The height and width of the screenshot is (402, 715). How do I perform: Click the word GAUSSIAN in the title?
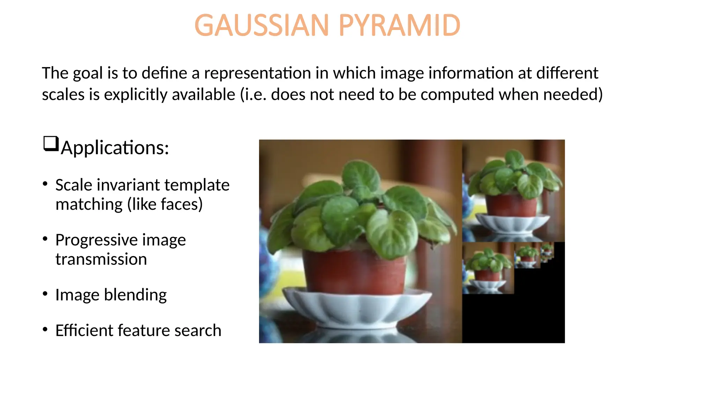(x=261, y=25)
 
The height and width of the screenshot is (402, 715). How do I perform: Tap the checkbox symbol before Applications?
(x=51, y=143)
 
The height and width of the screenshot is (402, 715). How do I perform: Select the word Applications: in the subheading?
(x=115, y=148)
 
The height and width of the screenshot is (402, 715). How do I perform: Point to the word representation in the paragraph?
(x=257, y=73)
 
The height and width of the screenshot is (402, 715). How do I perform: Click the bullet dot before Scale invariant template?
(x=45, y=184)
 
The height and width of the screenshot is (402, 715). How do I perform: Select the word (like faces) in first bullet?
(x=165, y=204)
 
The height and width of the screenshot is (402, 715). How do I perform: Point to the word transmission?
(x=101, y=259)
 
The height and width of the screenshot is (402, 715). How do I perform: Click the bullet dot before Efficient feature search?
(x=45, y=329)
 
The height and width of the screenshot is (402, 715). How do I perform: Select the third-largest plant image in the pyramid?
(x=488, y=268)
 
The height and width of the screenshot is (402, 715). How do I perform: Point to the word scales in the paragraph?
(x=63, y=95)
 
